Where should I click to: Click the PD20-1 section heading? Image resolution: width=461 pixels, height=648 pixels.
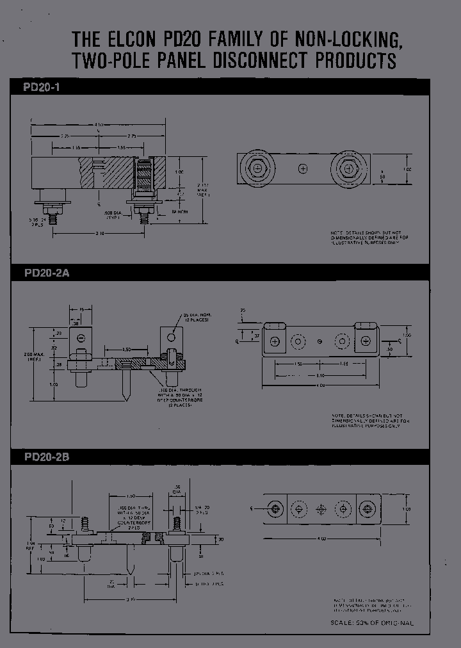pyautogui.click(x=42, y=87)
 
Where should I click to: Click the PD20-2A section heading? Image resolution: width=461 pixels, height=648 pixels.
pyautogui.click(x=47, y=272)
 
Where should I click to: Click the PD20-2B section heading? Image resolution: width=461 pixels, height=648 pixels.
pyautogui.click(x=47, y=457)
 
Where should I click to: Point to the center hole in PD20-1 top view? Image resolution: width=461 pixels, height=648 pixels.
pyautogui.click(x=303, y=169)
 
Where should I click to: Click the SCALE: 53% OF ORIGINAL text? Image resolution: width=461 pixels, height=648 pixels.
pyautogui.click(x=372, y=623)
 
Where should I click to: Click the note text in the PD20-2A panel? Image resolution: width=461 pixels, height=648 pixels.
pyautogui.click(x=369, y=421)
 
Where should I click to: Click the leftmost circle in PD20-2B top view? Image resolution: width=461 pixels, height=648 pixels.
pyautogui.click(x=275, y=508)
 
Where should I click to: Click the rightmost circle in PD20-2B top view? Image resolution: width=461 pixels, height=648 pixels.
pyautogui.click(x=367, y=508)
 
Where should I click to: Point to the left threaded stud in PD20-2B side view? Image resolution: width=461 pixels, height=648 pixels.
pyautogui.click(x=84, y=526)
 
